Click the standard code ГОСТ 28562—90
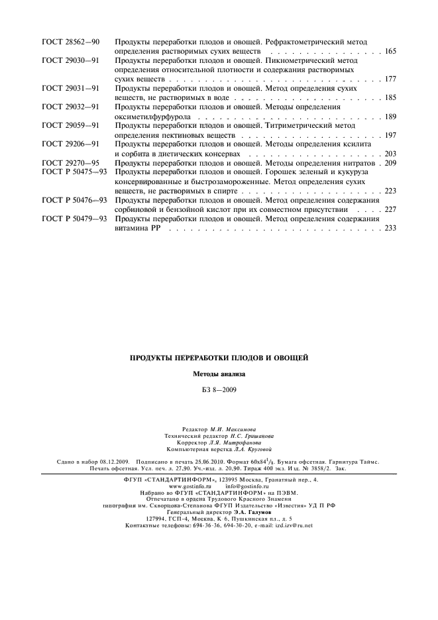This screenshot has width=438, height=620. pyautogui.click(x=70, y=42)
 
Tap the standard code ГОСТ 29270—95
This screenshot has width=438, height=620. pyautogui.click(x=70, y=162)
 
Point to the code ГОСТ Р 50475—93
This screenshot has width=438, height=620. pyautogui.click(x=74, y=172)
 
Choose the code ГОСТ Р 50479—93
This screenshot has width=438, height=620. pyautogui.click(x=74, y=218)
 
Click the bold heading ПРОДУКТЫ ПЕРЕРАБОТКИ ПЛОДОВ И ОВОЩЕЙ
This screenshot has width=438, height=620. pyautogui.click(x=219, y=358)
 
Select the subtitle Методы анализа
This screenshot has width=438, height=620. pyautogui.click(x=219, y=374)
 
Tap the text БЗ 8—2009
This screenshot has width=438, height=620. pyautogui.click(x=219, y=389)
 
